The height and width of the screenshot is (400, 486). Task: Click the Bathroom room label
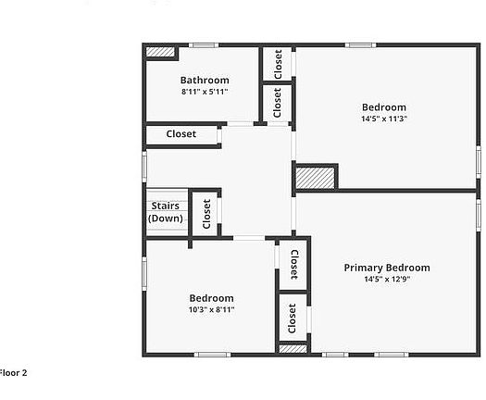coord(205,81)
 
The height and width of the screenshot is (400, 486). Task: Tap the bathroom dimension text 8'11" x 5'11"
coord(205,92)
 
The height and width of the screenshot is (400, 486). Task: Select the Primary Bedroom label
coord(387,268)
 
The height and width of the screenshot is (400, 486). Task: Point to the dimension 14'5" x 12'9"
coord(387,279)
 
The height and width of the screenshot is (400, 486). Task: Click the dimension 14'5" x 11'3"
coord(384,119)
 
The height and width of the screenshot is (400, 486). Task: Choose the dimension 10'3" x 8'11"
coord(211,310)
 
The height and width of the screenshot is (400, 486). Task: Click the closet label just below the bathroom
coord(181,134)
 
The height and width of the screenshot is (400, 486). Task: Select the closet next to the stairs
coord(206,215)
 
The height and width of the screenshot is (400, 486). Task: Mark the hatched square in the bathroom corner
coord(161,53)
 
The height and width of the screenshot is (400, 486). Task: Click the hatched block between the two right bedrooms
coord(316,178)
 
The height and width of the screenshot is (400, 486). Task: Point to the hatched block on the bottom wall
coord(293,349)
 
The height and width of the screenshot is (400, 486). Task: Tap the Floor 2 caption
coord(13,372)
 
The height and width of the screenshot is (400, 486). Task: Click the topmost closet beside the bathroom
coord(278,64)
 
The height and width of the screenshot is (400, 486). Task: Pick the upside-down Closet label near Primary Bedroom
coord(293,263)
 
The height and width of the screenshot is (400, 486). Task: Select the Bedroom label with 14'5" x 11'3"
coord(384,107)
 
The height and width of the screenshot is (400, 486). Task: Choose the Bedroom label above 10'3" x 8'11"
coord(211,298)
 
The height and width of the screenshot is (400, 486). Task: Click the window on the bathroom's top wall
coord(204,45)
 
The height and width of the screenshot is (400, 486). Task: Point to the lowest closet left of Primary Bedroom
coord(293,319)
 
